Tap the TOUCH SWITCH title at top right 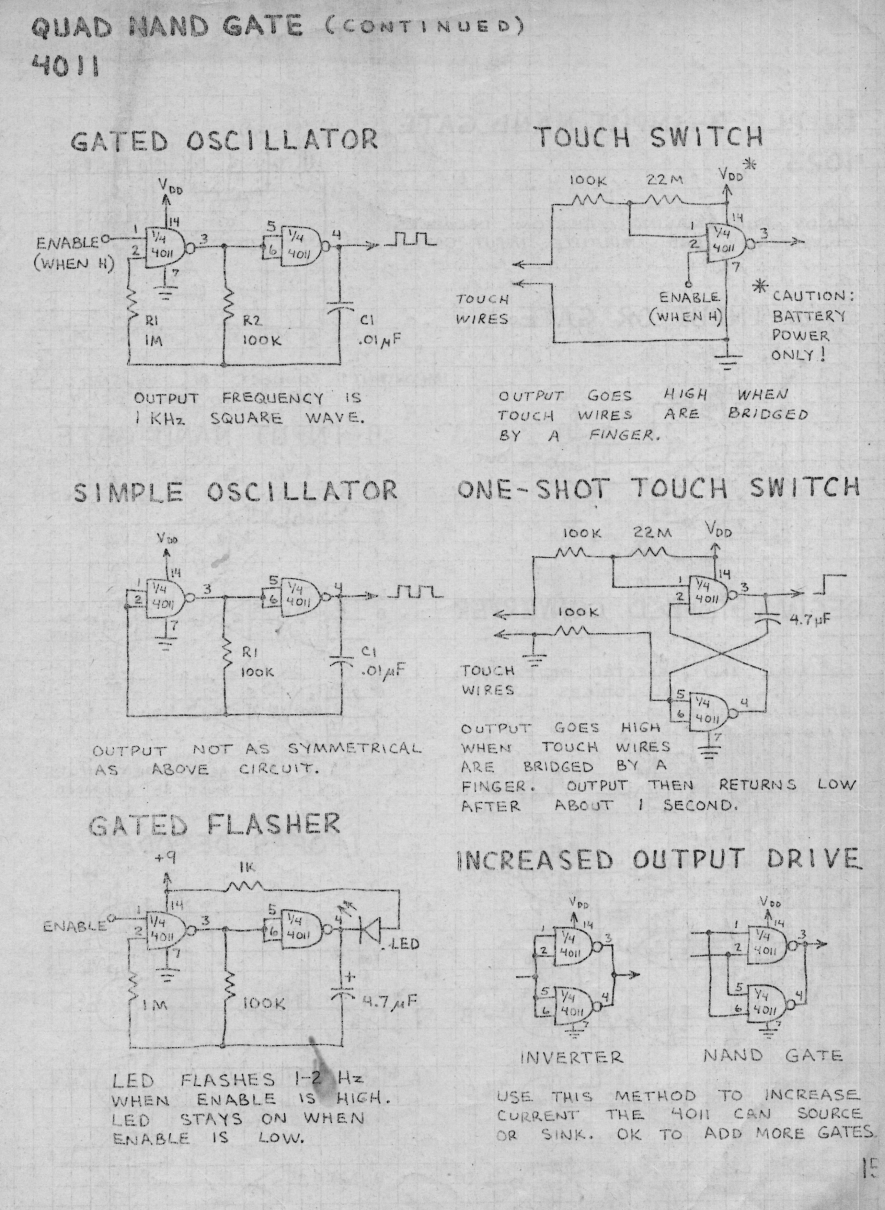[x=650, y=137]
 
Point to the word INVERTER [x=572, y=1057]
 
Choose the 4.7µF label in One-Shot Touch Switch [x=810, y=620]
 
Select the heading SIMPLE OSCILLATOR [x=235, y=491]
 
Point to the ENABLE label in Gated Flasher [x=75, y=926]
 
